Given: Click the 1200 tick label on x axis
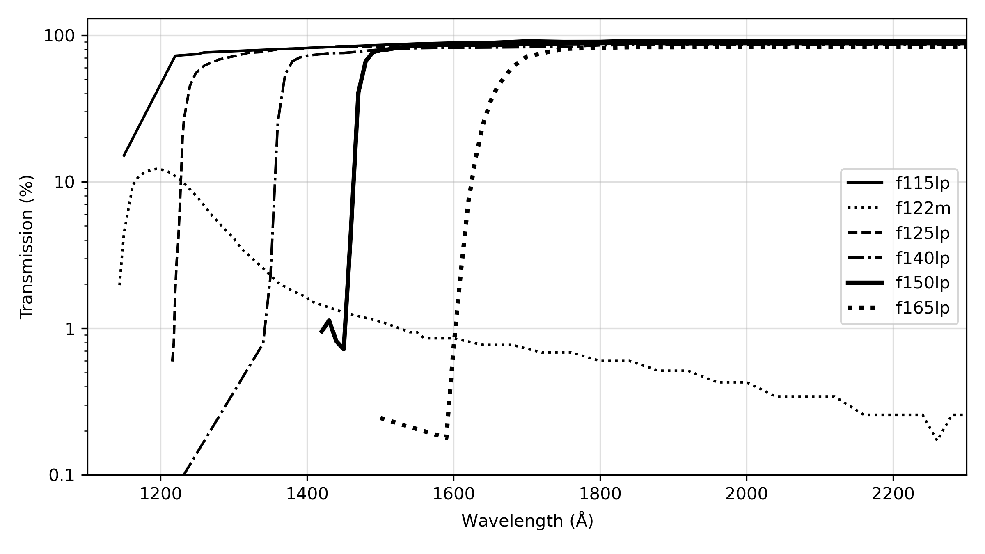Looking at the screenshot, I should coord(160,494).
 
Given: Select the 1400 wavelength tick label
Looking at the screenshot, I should coord(307,494).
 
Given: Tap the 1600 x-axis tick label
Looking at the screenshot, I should coord(454,494).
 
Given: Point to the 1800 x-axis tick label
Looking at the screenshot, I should coord(600,494).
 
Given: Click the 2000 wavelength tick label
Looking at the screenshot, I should coord(747,494).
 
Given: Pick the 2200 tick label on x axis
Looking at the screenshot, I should coord(893,494).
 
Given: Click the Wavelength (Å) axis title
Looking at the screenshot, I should coord(527,521).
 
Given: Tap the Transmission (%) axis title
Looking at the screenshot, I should coord(27,247).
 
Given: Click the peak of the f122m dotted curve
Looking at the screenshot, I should coord(159,169).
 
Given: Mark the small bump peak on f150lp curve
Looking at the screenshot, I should coord(329,320).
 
